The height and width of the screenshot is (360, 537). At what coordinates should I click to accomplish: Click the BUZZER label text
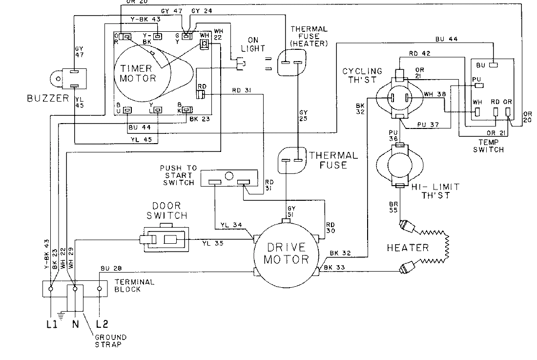pyautogui.click(x=47, y=99)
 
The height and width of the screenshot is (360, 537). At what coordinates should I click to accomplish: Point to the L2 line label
pyautogui.click(x=102, y=323)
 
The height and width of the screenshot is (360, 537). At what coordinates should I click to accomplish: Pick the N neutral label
pyautogui.click(x=76, y=323)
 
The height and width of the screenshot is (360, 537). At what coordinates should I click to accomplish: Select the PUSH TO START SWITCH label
pyautogui.click(x=177, y=174)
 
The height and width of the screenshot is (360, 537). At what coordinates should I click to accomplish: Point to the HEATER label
pyautogui.click(x=408, y=248)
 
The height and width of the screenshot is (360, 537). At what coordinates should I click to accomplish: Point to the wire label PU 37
pyautogui.click(x=428, y=125)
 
